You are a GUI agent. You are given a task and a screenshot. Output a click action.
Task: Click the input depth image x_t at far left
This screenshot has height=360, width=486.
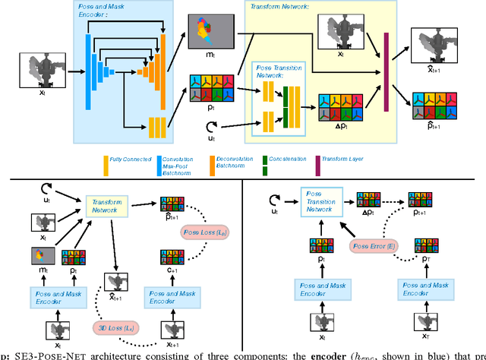[x=39, y=72]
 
